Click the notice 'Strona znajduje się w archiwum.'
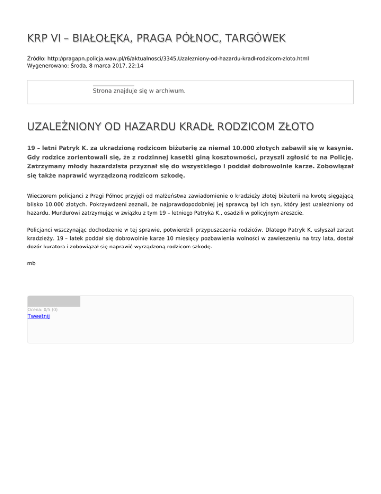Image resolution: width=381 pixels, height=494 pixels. [139, 91]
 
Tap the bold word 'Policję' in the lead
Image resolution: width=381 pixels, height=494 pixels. [339, 157]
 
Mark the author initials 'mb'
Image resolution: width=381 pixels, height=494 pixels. [31, 263]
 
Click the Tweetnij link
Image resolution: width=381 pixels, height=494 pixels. [39, 316]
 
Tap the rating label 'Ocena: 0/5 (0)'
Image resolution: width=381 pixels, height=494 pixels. [42, 309]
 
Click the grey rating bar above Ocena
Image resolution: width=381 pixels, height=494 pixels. [54, 301]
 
